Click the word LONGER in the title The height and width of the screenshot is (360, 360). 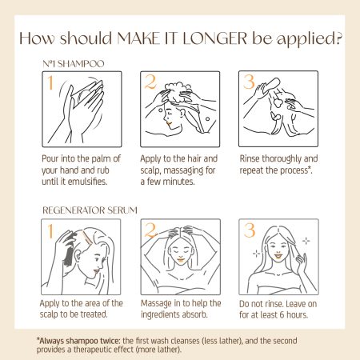215,38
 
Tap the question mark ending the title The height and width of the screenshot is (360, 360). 338,38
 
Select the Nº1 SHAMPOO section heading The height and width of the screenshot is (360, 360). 74,64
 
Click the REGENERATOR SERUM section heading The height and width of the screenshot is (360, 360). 90,210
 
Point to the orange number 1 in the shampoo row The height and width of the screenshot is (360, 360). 50,82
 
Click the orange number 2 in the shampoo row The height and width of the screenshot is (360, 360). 150,82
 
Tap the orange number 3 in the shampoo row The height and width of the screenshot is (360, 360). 249,82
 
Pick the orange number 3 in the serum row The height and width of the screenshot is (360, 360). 250,230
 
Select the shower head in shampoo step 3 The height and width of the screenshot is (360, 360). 272,86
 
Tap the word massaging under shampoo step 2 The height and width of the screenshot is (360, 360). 183,170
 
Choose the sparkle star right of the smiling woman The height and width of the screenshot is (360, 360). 306,241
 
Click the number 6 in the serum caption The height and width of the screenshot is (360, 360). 282,315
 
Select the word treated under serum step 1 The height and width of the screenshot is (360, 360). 94,314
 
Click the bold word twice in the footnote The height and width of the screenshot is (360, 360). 110,341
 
